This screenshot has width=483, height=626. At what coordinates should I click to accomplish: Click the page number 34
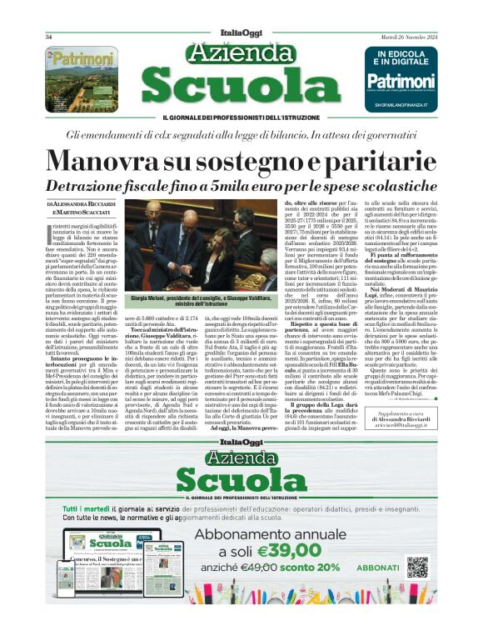[x=49, y=37]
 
